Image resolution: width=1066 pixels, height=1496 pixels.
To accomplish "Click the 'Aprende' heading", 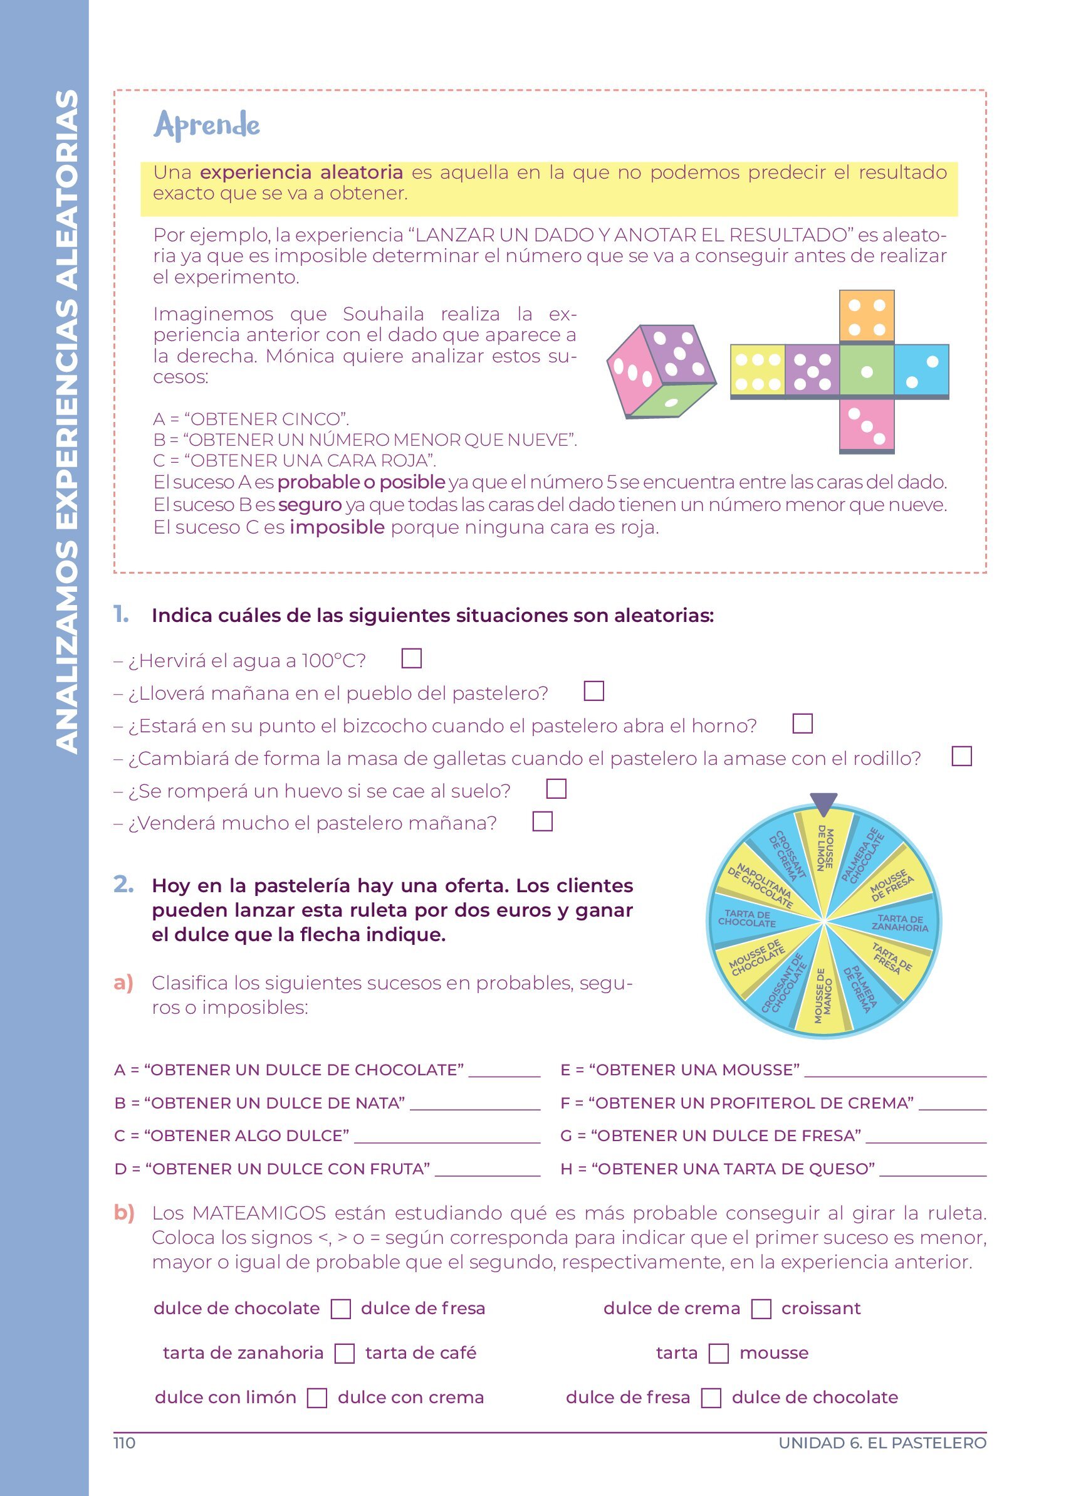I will coord(207,125).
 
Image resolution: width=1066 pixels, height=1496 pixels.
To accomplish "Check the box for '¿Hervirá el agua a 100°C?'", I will coord(412,658).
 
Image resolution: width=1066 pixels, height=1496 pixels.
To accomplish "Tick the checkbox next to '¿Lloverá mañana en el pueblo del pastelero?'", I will coord(594,691).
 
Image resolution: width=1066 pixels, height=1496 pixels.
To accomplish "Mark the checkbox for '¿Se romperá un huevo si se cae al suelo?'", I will coord(556,789).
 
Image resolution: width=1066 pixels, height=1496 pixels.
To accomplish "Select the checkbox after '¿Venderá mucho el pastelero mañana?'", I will coord(542,821).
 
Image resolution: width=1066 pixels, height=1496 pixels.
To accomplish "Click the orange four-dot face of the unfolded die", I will coord(867,317).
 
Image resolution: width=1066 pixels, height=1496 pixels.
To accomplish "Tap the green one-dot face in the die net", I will coord(867,371).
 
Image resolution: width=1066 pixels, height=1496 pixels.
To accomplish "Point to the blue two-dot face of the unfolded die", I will coord(921,371).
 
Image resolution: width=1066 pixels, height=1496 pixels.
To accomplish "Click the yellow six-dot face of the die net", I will coord(758,371).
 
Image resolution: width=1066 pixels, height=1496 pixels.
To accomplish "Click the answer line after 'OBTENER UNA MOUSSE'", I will coord(896,1073).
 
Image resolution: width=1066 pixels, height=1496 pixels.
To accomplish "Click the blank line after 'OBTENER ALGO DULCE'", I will coord(447,1139).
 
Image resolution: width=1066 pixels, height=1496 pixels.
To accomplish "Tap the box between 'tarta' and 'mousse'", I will coord(719,1354).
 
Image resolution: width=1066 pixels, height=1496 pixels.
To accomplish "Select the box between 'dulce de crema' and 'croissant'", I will coord(761,1309).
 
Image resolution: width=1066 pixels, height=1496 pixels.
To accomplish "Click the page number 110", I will coord(125,1443).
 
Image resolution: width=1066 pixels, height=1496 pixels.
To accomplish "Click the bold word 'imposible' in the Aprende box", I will coord(337,527).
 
